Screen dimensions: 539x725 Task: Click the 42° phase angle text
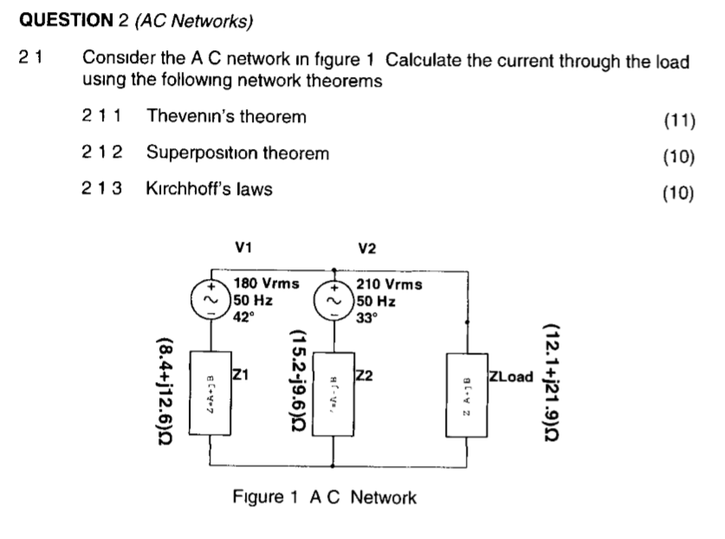(245, 316)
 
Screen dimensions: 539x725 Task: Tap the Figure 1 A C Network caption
(325, 497)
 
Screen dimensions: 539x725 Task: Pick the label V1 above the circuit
(243, 248)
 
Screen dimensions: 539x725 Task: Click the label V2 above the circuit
(367, 248)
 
